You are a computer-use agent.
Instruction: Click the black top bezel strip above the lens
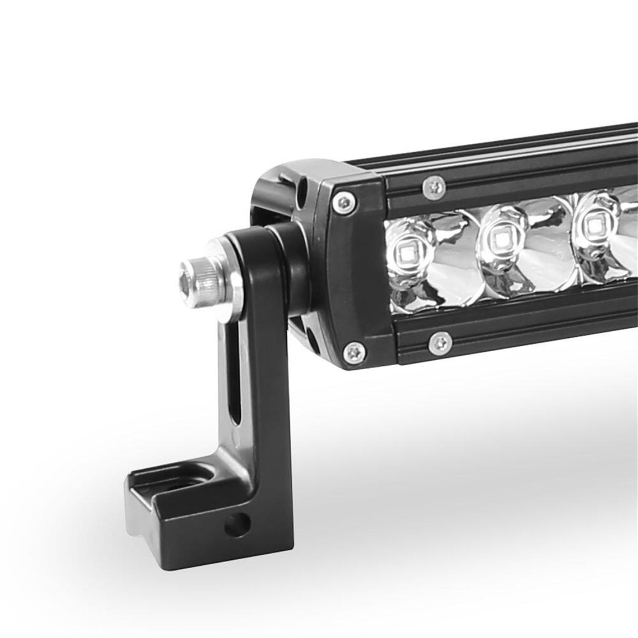(x=510, y=179)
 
